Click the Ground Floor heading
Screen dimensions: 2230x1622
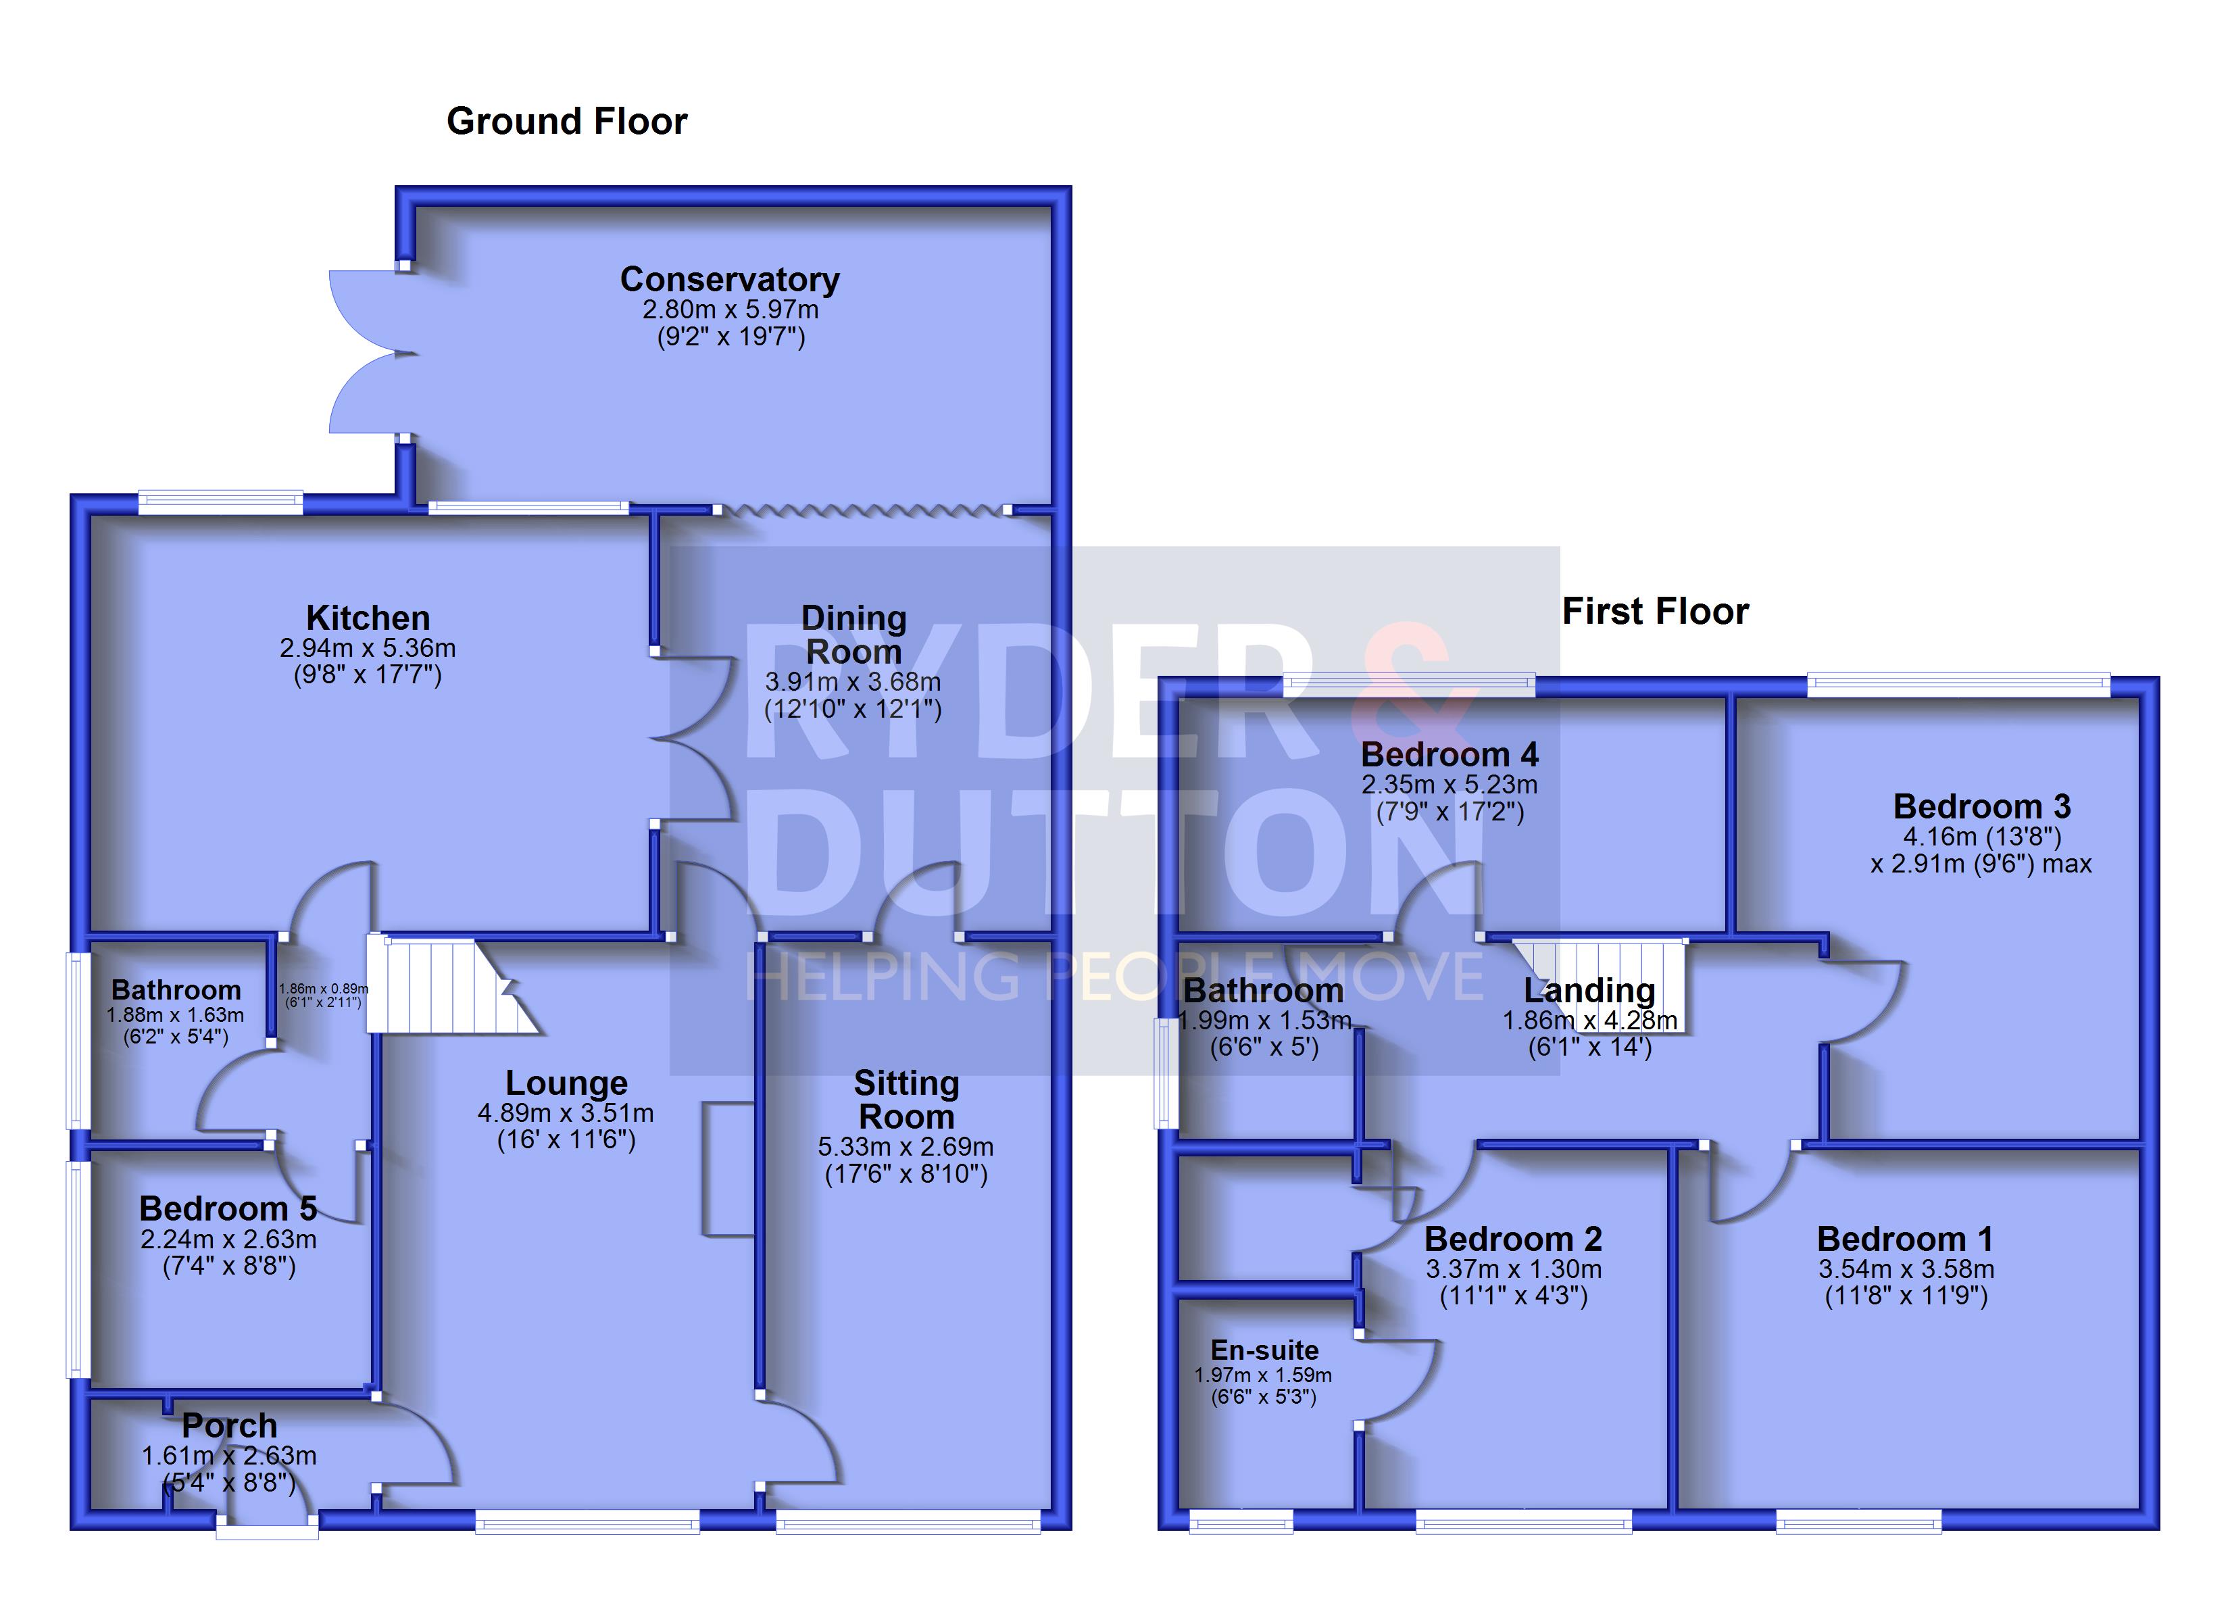568,121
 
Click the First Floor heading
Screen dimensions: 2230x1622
1656,611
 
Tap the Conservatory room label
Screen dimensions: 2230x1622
730,279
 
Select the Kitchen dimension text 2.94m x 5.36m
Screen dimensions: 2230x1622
368,648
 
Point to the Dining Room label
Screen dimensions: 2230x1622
853,635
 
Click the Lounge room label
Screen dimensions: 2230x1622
566,1082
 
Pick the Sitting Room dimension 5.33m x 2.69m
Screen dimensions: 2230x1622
906,1147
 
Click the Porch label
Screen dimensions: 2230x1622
229,1425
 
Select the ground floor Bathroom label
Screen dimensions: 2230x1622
176,989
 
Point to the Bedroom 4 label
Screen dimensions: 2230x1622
1449,754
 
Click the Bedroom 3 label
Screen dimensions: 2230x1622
1981,806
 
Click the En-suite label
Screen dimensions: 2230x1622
1264,1350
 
